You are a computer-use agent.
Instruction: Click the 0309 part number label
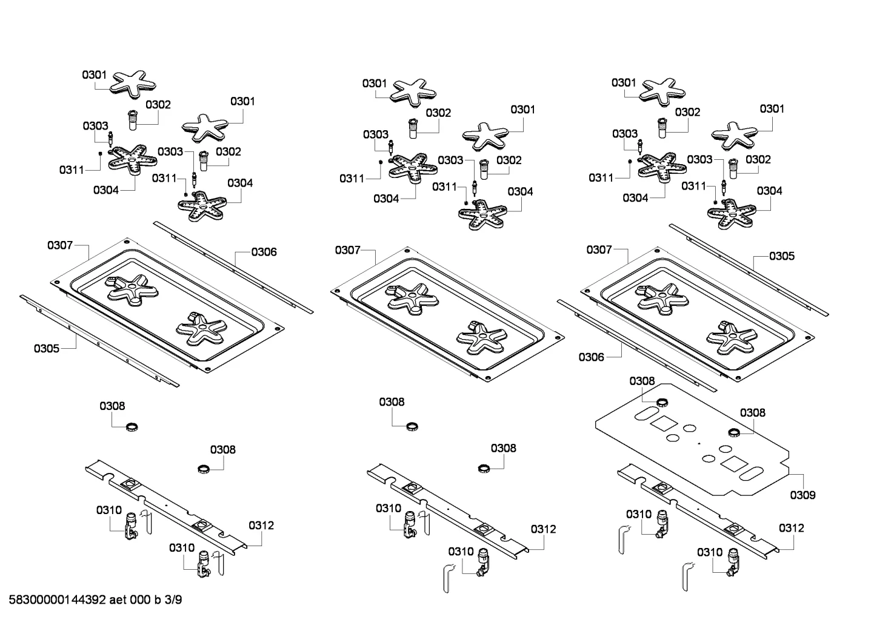802,495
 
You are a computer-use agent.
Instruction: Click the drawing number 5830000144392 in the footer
57,599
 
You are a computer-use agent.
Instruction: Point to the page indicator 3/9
173,599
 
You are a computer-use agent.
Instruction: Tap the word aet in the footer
118,599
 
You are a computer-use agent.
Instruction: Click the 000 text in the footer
140,599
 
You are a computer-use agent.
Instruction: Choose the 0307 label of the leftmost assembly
60,245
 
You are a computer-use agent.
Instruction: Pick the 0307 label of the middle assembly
348,250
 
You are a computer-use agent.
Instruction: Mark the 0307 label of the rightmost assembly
599,249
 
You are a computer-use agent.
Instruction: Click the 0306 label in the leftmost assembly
264,252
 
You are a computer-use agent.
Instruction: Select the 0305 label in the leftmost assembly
47,348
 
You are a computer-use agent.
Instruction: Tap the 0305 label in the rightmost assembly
782,256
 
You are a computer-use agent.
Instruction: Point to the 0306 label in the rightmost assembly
591,357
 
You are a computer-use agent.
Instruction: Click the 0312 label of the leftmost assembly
261,526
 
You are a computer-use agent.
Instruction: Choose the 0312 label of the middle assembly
543,529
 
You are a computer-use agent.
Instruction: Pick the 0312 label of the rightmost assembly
792,528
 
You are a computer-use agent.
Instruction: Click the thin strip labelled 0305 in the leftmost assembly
99,341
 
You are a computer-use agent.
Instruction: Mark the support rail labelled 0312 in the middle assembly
448,512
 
